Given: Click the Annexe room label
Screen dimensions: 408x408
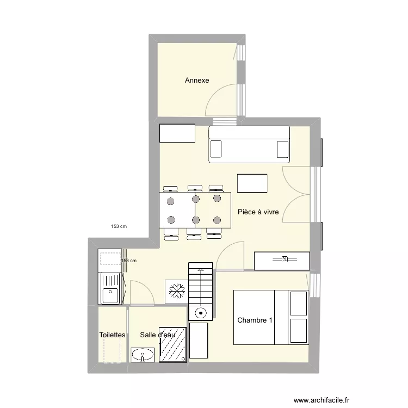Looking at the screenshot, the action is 197,80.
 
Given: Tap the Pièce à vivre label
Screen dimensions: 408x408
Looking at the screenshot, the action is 258,212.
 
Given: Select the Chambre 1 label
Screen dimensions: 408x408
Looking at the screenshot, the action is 255,320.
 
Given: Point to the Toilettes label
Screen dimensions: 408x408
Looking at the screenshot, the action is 112,335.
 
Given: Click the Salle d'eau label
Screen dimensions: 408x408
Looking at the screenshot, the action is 158,335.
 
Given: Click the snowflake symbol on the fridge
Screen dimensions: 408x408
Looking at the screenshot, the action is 177,290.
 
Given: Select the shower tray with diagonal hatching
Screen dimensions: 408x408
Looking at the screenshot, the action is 173,344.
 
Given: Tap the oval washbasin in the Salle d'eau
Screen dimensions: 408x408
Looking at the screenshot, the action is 143,355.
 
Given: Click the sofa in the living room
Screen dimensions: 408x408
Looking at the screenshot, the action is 249,144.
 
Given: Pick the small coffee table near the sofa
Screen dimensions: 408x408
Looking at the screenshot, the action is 252,183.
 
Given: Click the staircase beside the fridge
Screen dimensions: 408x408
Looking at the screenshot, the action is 200,284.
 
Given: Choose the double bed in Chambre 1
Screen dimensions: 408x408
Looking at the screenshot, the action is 271,318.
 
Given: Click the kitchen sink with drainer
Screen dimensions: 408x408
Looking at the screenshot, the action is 110,288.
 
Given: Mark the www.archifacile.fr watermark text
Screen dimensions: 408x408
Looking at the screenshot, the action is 322,400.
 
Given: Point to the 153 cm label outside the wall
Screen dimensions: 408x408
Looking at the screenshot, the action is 119,226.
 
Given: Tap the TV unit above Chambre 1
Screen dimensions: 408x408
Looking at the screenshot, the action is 282,261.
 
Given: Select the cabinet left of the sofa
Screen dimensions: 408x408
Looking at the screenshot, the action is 177,133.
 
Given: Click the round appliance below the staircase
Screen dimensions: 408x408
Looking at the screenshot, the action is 201,313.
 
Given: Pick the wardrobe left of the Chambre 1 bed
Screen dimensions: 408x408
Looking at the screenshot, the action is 199,341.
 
